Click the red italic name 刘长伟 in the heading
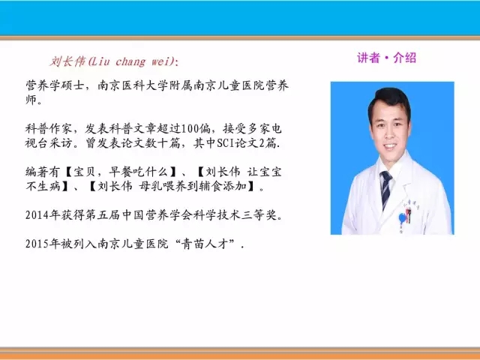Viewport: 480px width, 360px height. pos(67,61)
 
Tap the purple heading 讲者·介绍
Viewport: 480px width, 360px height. pos(387,58)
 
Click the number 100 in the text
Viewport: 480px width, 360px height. pos(190,129)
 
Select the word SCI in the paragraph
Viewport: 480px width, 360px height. pos(226,143)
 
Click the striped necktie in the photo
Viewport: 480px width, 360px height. pos(385,189)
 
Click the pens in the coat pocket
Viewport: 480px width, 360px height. pos(408,214)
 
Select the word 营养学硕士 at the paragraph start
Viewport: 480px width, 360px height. pos(55,85)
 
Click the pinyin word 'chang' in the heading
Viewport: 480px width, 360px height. pos(130,61)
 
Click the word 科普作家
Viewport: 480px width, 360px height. pos(49,129)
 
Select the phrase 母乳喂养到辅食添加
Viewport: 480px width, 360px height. pos(193,186)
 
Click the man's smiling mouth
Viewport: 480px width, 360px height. pos(390,145)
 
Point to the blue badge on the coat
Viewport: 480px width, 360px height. pos(402,218)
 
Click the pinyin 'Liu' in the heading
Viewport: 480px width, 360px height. pos(100,61)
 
